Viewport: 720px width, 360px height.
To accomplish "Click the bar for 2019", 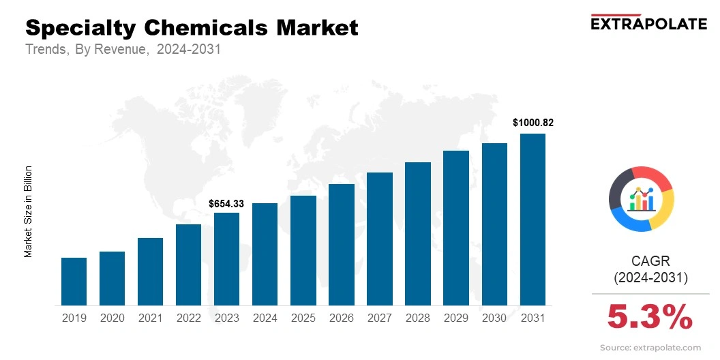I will coord(74,281).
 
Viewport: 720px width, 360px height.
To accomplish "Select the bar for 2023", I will coord(226,258).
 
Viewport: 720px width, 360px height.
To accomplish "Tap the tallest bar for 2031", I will coord(532,219).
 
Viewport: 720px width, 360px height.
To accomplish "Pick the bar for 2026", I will coord(341,244).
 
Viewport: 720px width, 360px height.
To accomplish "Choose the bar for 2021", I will coord(150,271).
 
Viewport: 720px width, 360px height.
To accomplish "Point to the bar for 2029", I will coord(456,228).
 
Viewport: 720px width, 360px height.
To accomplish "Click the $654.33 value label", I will coord(226,203).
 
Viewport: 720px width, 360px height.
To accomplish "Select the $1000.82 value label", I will coord(532,123).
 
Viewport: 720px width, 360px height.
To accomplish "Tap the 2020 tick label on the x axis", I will coord(112,318).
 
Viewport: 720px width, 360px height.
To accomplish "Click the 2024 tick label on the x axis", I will coord(265,318).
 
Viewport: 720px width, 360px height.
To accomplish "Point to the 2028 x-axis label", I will coord(418,318).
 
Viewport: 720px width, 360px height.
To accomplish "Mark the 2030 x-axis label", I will coord(494,318).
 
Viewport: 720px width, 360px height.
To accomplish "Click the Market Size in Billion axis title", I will coord(29,211).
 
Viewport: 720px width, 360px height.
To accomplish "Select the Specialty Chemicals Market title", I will coord(192,28).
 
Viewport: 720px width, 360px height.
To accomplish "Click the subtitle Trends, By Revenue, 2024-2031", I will coord(123,50).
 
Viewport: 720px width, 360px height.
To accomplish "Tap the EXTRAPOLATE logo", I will coord(648,23).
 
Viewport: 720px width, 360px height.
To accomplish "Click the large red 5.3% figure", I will coord(650,317).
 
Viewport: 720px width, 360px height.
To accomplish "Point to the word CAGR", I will coord(650,260).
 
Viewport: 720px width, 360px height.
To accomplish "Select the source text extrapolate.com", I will coord(650,348).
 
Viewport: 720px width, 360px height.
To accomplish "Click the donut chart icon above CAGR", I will coord(642,198).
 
